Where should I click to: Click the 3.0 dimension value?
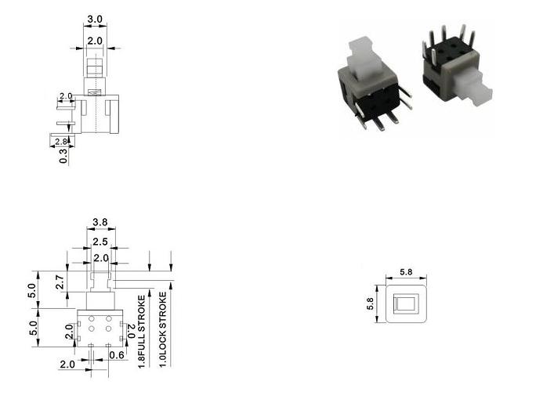tap(95, 19)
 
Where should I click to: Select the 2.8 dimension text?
tap(61, 142)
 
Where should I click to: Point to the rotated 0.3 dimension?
tap(63, 156)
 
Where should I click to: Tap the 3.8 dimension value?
tap(100, 222)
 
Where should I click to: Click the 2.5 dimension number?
tap(100, 242)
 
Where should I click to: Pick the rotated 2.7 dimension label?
tap(60, 282)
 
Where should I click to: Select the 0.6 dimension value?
tap(117, 355)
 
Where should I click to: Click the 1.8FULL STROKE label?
tap(141, 332)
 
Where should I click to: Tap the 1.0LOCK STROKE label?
tap(162, 329)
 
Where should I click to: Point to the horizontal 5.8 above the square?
tap(406, 272)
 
